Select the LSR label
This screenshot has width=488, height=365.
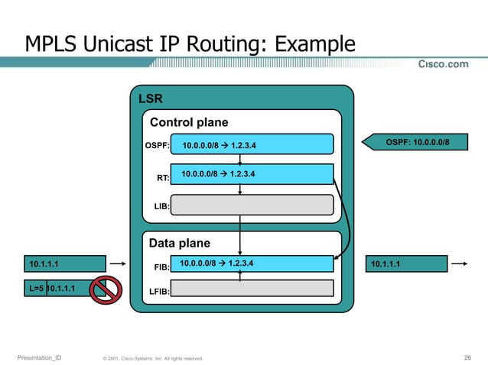click(x=150, y=99)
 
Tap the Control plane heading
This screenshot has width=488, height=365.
click(x=189, y=122)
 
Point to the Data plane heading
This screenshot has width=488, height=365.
click(x=179, y=244)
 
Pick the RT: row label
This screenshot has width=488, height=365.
click(x=163, y=178)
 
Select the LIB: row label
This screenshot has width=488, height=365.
click(x=161, y=206)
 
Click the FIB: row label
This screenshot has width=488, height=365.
click(x=161, y=268)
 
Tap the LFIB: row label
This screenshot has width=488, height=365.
click(x=158, y=291)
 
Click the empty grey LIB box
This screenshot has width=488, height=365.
click(x=252, y=205)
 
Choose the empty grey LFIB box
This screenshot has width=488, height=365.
click(x=252, y=288)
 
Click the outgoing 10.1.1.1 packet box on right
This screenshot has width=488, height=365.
click(x=407, y=264)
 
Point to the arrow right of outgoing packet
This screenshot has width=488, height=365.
click(x=459, y=264)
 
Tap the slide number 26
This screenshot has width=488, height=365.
click(x=467, y=357)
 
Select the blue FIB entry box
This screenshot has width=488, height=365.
click(x=252, y=263)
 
